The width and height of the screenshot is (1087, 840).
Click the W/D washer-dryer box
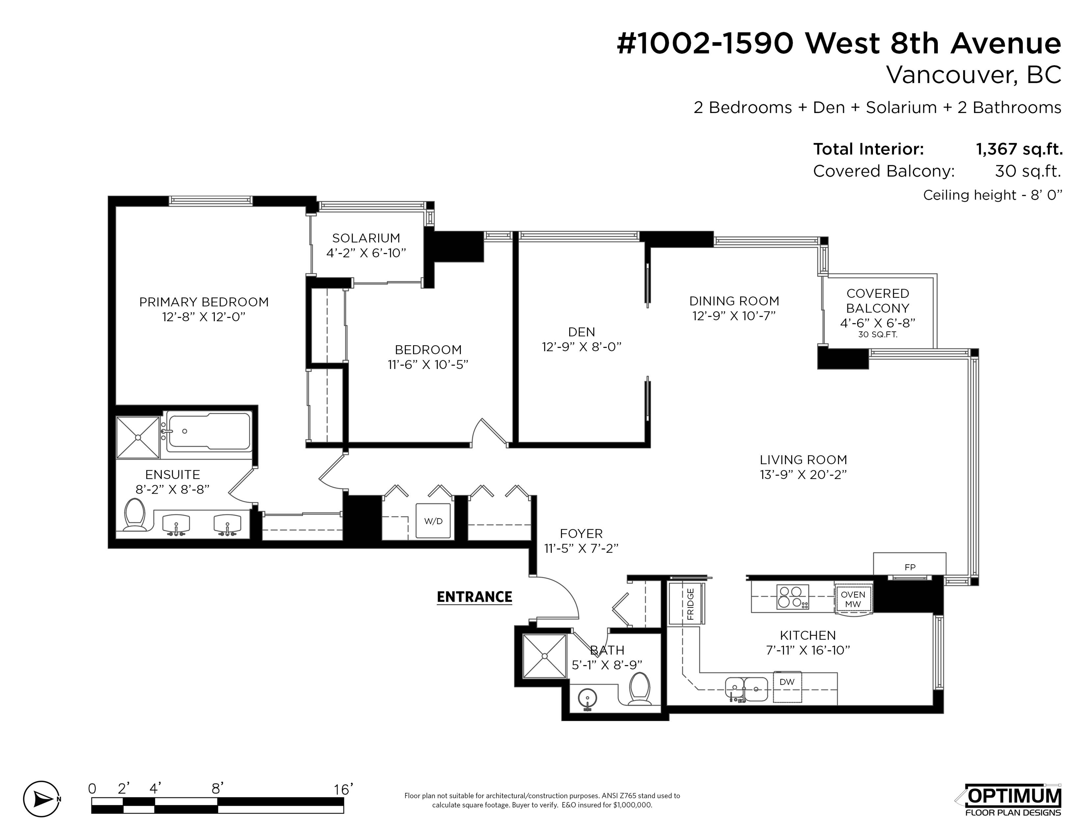(x=433, y=521)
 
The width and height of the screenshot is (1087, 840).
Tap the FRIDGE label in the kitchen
(x=690, y=604)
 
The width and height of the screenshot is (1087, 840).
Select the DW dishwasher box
(x=787, y=687)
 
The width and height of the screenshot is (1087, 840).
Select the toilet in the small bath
(x=640, y=689)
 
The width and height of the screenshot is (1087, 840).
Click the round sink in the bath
(x=587, y=699)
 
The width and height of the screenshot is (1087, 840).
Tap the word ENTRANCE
(x=474, y=597)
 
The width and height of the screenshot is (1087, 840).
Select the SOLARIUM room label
(x=366, y=238)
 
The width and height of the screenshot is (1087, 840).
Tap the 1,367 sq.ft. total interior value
(x=1019, y=149)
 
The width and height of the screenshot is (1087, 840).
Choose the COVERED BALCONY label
(x=878, y=301)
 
